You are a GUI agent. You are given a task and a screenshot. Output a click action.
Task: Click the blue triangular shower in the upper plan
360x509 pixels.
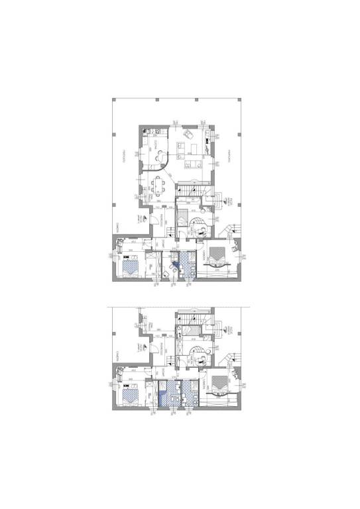[x=174, y=266]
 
